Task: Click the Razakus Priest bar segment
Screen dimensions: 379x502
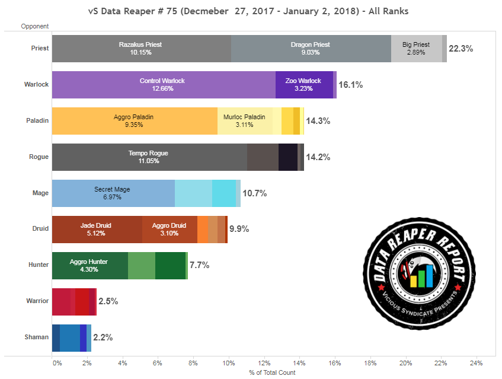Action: pos(141,49)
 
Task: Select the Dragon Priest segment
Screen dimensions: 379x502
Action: pos(311,49)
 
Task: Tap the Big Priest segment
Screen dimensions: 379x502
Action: pos(416,49)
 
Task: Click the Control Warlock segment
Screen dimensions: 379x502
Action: pos(164,85)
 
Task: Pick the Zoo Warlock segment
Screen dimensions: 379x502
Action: pos(304,85)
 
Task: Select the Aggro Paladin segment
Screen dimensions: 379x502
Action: pos(135,121)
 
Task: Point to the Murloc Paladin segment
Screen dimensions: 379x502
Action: pos(245,121)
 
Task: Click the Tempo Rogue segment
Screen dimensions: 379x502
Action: pos(149,157)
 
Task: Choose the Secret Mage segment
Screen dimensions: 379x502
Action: pos(113,193)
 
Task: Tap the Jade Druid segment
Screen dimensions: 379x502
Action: pos(97,230)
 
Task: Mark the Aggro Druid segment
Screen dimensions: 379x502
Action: pos(170,230)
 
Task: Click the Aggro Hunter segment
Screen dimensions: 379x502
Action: pos(89,265)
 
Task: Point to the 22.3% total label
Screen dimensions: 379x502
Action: pos(461,49)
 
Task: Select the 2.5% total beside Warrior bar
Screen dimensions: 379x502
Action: pos(108,301)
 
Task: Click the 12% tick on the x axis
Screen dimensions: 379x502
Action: pos(264,363)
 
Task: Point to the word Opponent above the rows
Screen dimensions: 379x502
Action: pos(34,26)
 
